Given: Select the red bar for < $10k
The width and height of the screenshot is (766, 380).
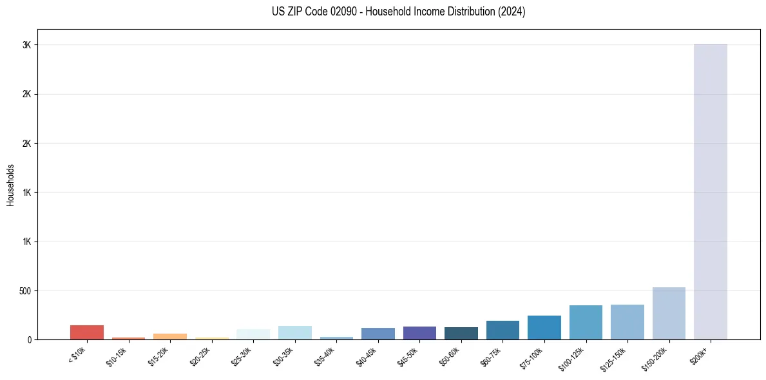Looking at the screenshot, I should point(87,332).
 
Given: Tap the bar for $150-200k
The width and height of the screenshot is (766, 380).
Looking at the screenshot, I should point(669,314).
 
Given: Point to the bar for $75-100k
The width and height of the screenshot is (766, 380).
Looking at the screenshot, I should point(544,328).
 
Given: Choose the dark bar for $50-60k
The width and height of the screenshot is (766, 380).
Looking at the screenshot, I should point(461,334).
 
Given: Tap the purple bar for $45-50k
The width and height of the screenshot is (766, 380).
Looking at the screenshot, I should point(419,333).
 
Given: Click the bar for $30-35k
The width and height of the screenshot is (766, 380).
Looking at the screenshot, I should point(294,333).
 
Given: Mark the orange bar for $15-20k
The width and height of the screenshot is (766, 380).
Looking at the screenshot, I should point(170,336).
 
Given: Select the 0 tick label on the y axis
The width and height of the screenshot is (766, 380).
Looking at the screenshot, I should point(28,340).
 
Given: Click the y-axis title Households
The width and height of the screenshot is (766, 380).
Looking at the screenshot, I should point(11,184).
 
